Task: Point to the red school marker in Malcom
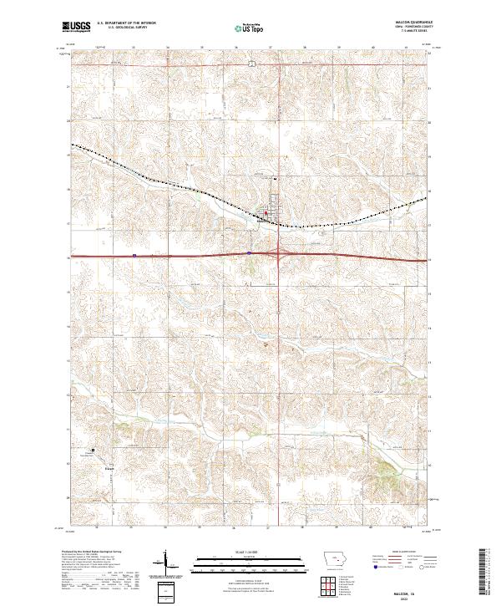pyautogui.click(x=266, y=212)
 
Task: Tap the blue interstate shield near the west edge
pyautogui.click(x=134, y=256)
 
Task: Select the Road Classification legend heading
pyautogui.click(x=397, y=553)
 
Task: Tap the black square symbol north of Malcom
pyautogui.click(x=276, y=178)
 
